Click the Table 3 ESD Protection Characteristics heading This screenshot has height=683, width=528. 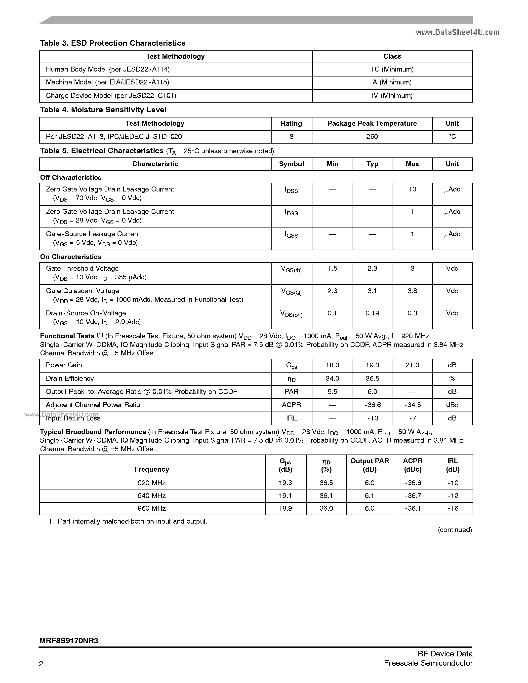click(113, 43)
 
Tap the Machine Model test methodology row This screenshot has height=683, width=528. click(107, 82)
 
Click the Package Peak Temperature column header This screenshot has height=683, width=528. click(372, 123)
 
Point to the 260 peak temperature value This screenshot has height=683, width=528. click(372, 137)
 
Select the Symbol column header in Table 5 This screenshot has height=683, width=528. click(291, 164)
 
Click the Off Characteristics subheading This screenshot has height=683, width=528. click(71, 178)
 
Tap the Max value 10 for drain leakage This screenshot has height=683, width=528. click(412, 189)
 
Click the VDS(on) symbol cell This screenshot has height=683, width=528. click(291, 314)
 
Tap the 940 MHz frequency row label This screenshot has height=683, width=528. click(152, 496)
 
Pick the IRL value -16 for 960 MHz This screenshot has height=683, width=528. click(453, 508)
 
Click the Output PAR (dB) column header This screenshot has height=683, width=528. click(369, 465)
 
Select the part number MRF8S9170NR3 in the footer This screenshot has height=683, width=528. click(69, 641)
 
